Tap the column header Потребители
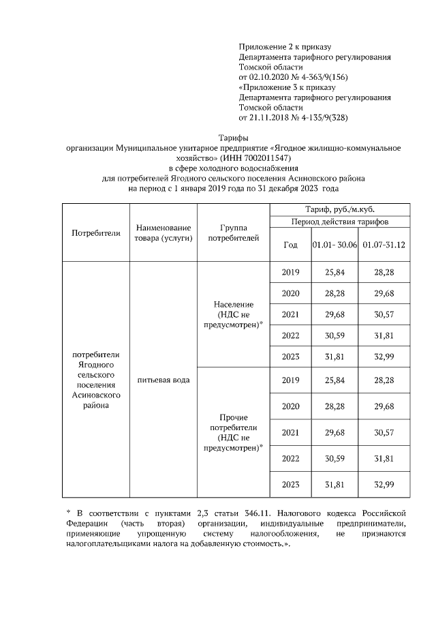tap(95, 232)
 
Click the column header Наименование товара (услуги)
tap(163, 232)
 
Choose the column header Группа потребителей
tap(234, 232)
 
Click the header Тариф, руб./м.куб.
tap(340, 209)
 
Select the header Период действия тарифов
tap(340, 222)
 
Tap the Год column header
tap(290, 244)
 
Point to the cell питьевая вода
tap(163, 379)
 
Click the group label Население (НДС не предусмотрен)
tap(234, 314)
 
